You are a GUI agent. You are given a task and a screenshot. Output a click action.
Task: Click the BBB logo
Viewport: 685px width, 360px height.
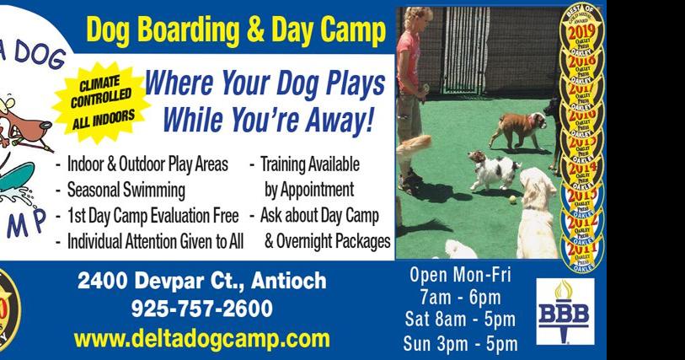point(565,311)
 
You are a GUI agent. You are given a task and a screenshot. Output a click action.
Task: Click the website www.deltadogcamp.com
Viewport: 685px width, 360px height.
point(201,339)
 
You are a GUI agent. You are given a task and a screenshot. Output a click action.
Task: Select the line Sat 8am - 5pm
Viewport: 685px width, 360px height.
point(460,320)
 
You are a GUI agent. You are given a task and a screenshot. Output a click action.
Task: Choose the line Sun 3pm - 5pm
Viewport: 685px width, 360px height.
point(460,343)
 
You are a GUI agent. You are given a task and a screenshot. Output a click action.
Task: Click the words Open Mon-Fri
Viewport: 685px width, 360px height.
point(460,275)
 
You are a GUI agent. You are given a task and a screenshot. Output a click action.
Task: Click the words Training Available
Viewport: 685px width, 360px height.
point(309,164)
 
